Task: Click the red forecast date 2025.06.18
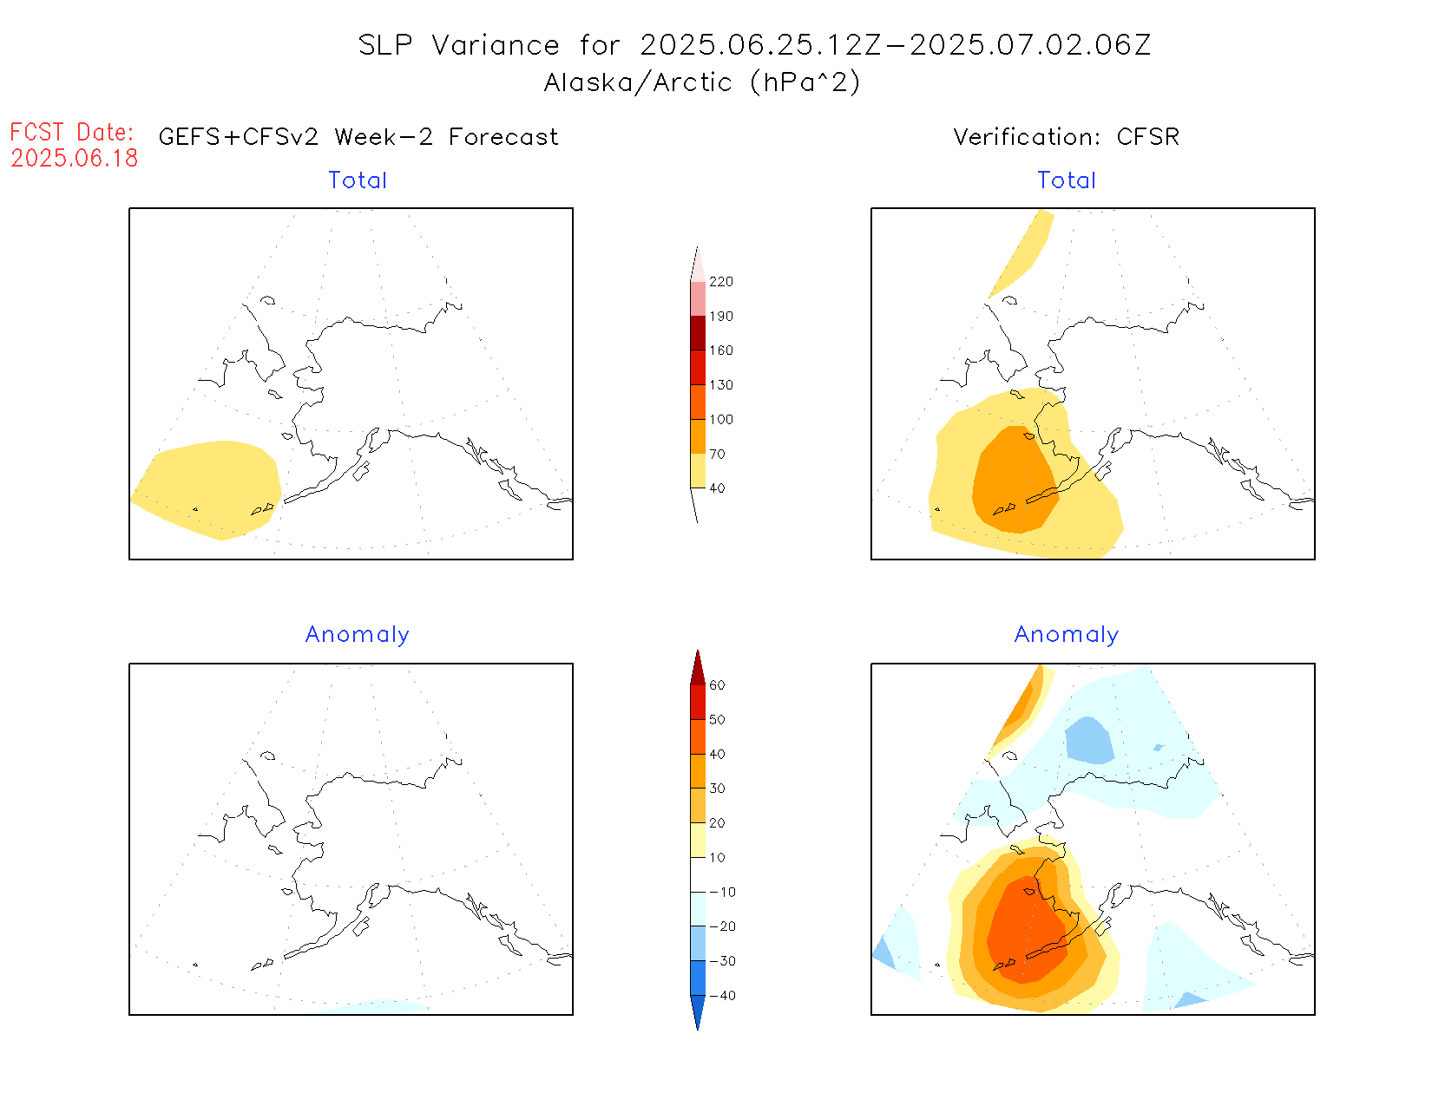[x=75, y=158]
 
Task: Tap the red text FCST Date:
[x=72, y=132]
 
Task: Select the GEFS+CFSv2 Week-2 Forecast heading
[x=358, y=137]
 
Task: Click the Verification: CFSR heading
[x=1066, y=137]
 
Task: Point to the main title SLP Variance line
[x=754, y=45]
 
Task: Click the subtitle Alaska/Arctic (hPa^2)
[x=702, y=82]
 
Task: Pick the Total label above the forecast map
[x=358, y=180]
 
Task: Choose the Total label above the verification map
[x=1067, y=180]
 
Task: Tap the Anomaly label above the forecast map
[x=357, y=635]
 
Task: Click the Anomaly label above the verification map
[x=1067, y=635]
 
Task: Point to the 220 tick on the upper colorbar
[x=720, y=282]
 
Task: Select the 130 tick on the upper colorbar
[x=720, y=385]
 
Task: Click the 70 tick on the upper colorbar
[x=717, y=454]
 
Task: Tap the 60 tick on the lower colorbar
[x=717, y=685]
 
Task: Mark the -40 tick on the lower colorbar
[x=722, y=996]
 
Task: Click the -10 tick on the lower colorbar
[x=722, y=892]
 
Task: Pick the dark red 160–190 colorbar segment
[x=698, y=333]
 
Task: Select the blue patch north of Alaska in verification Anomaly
[x=1089, y=740]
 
